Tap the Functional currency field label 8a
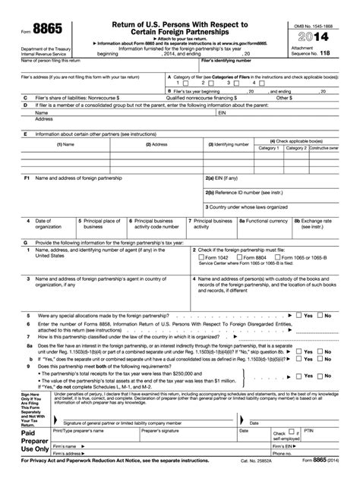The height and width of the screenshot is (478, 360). (x=264, y=221)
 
